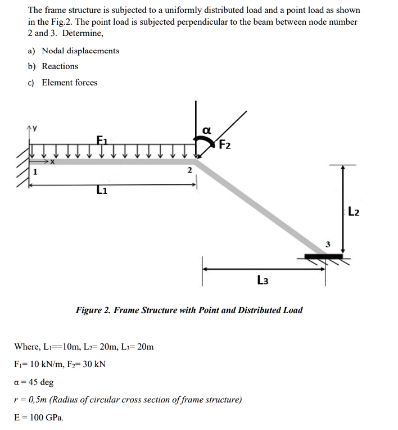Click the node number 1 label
(x=34, y=173)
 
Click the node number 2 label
(x=189, y=170)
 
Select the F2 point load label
(x=224, y=145)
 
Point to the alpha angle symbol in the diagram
(x=206, y=130)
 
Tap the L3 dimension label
(x=263, y=279)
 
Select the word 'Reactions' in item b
(x=60, y=66)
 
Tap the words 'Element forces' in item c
(x=70, y=83)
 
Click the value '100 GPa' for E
(x=47, y=418)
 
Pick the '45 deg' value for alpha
(x=40, y=382)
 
